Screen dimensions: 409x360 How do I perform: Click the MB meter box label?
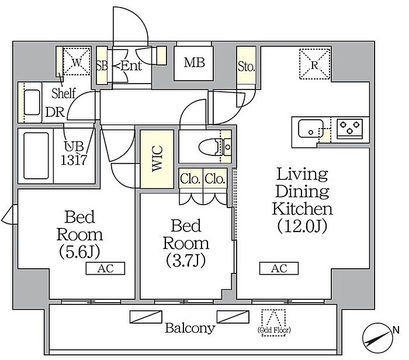click(195, 63)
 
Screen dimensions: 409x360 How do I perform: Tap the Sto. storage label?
click(246, 67)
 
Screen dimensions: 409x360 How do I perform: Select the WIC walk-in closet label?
click(157, 158)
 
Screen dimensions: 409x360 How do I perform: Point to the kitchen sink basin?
click(311, 129)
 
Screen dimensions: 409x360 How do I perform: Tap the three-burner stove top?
click(349, 127)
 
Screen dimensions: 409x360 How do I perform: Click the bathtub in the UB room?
click(36, 155)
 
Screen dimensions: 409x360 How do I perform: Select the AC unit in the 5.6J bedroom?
click(105, 268)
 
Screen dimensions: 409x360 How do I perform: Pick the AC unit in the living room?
click(279, 268)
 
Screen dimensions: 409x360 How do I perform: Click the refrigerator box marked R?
click(315, 64)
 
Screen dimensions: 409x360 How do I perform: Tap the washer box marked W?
click(77, 62)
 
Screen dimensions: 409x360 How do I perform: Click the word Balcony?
click(190, 328)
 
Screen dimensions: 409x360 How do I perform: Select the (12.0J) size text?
click(302, 226)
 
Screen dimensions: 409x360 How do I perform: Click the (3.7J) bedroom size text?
click(186, 260)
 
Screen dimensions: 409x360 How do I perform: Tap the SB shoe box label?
click(102, 65)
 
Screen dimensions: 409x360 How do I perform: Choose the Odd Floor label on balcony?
click(274, 330)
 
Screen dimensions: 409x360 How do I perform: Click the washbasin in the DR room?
click(32, 102)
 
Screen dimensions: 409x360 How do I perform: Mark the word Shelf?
click(63, 93)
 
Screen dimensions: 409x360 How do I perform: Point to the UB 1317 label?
click(74, 154)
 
